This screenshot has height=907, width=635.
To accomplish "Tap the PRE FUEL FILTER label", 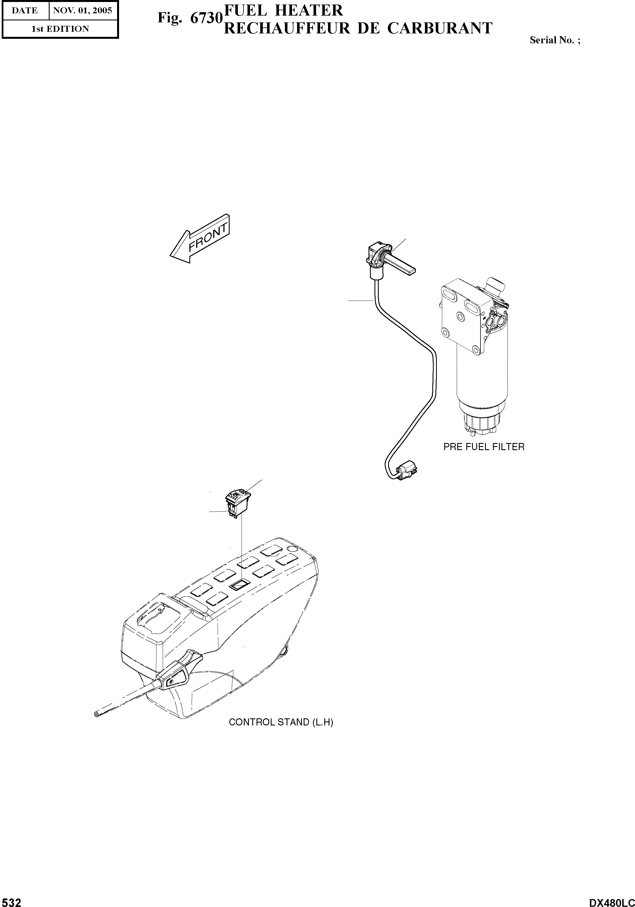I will point(484,447).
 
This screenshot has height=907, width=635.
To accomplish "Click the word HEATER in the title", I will point(309,10).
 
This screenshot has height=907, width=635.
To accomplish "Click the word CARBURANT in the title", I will point(440,28).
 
